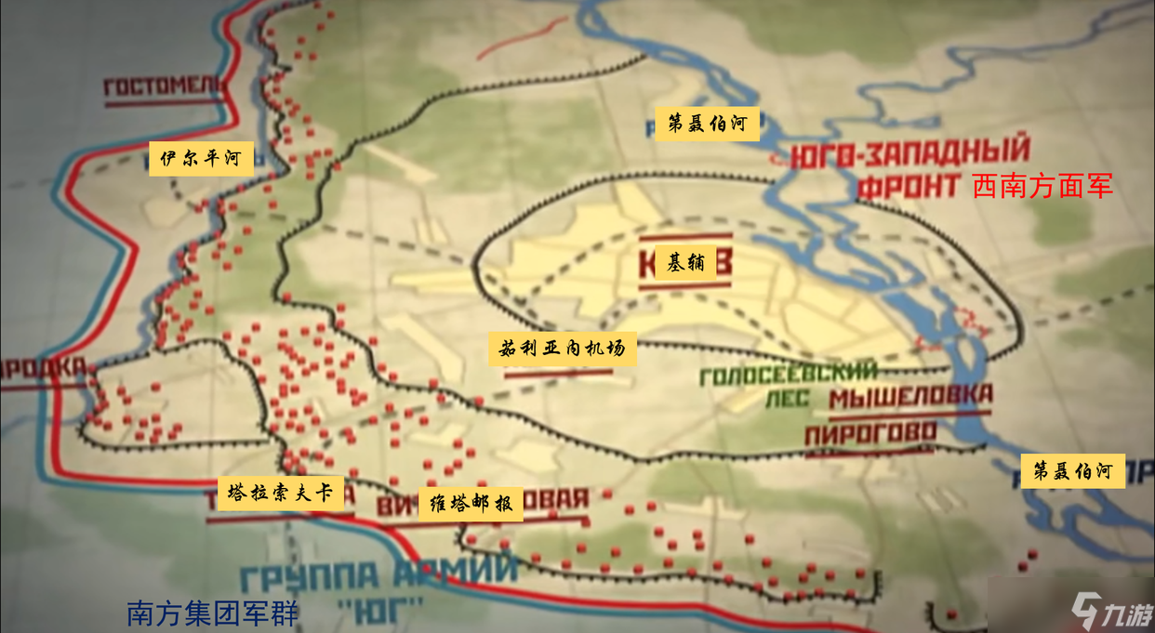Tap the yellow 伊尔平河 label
(x=201, y=159)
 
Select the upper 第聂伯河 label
(x=707, y=124)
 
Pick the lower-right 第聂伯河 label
(x=1072, y=470)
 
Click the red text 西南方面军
(x=1042, y=187)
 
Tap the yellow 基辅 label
(x=686, y=263)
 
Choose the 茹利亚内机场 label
(x=563, y=349)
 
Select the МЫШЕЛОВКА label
(x=910, y=398)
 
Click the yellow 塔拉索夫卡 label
(x=280, y=493)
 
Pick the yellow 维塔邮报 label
(x=471, y=504)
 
